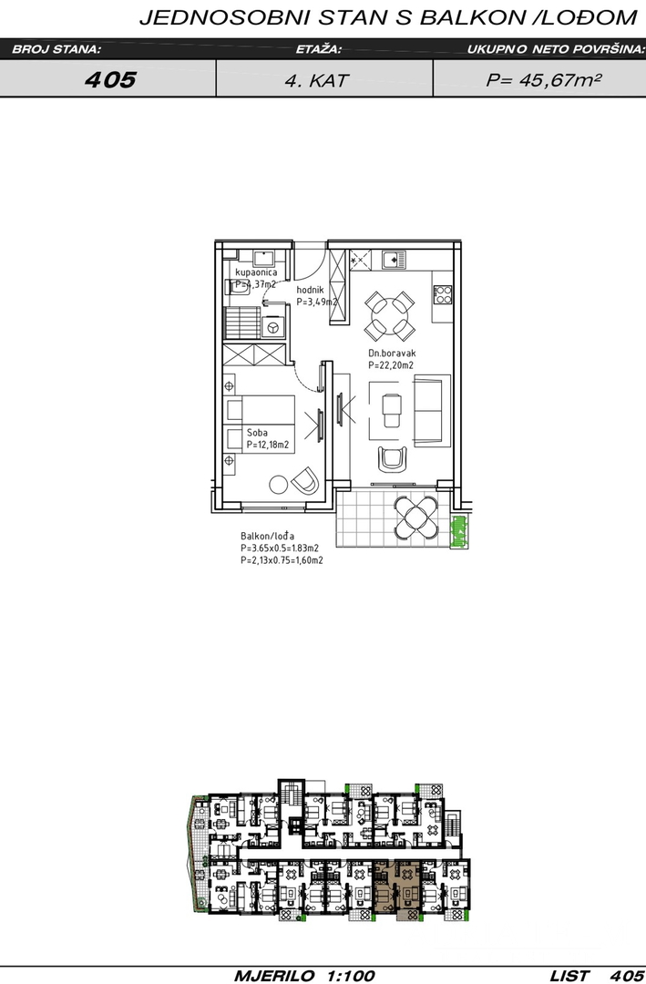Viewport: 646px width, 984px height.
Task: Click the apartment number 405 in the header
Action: coord(110,79)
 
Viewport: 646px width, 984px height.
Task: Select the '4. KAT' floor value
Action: coord(316,80)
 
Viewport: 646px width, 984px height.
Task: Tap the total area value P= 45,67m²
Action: coord(544,79)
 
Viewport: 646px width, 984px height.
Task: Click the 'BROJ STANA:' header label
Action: coord(56,49)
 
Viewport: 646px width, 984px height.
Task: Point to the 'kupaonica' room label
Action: coord(255,272)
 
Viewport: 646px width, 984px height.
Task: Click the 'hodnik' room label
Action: coord(310,290)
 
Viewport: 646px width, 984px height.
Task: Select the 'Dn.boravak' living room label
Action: coord(392,354)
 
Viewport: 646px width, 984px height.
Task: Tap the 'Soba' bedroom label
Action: coord(257,433)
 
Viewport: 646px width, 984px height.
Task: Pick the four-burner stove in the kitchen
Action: coord(443,294)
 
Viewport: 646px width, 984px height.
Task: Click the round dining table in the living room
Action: coord(390,315)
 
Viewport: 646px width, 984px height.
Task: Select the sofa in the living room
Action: coord(431,411)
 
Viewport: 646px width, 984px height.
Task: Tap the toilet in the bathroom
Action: coord(237,287)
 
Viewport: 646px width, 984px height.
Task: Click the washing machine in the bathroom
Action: coord(273,326)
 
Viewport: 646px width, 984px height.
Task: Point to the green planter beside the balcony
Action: coord(461,532)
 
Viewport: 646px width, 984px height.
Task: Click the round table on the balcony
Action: coord(415,518)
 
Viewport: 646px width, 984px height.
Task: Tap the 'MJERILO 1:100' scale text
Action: coord(305,975)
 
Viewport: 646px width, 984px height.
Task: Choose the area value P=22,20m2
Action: coord(391,365)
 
